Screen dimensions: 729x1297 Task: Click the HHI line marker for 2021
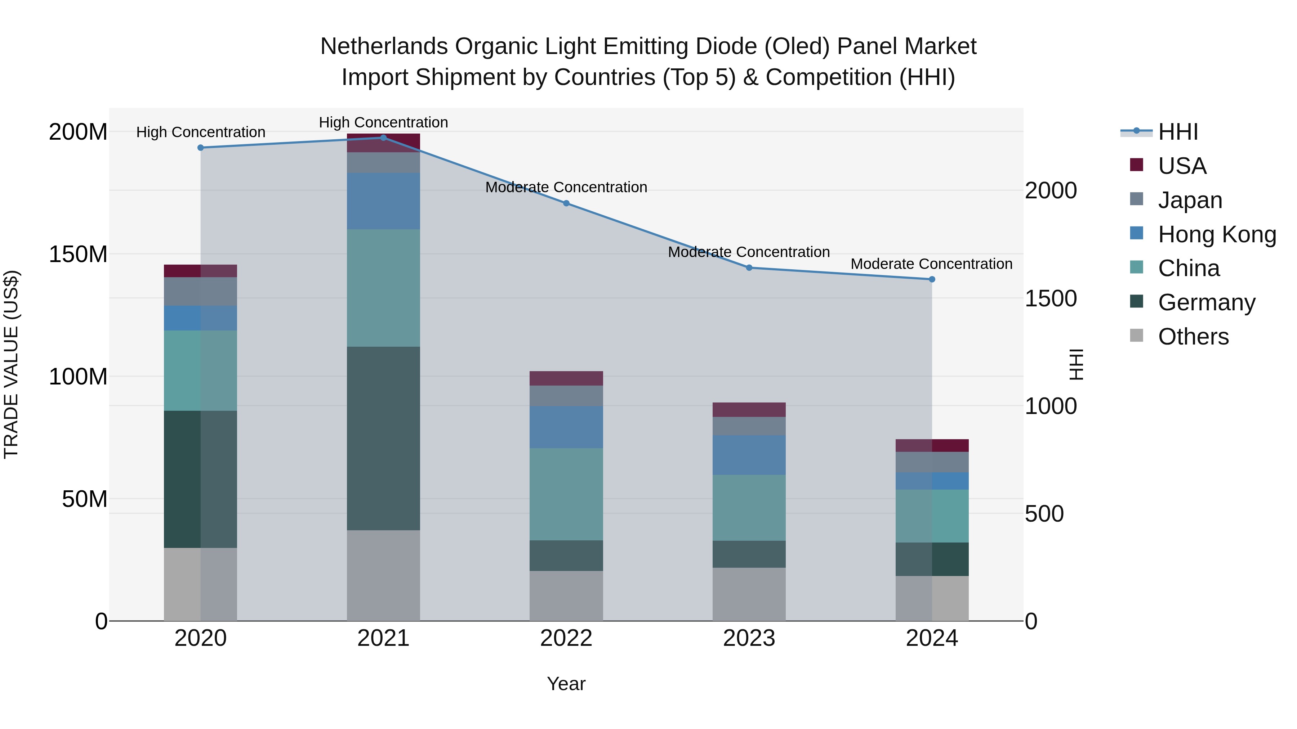383,138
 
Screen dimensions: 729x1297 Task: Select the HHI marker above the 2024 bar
931,279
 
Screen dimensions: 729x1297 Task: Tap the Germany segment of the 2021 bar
383,438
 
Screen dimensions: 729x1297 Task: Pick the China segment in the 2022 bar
566,494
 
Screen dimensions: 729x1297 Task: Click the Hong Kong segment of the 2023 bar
749,455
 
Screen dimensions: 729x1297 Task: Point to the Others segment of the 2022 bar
566,596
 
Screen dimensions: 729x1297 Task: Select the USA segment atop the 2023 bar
749,410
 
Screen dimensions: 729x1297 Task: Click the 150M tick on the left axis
78,254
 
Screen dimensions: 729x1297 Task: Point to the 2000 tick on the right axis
1051,191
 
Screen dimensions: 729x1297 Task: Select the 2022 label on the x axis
566,638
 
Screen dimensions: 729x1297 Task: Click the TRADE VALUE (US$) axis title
11,364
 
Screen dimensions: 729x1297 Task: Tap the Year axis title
566,684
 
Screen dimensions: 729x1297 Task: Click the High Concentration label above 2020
200,132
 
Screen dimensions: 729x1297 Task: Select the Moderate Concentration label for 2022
566,187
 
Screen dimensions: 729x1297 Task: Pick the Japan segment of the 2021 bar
383,162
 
